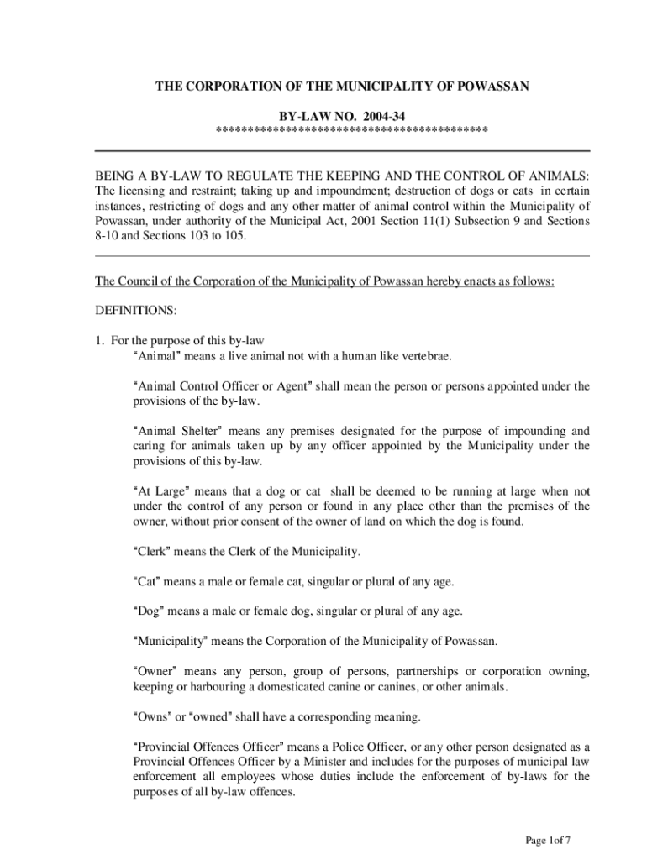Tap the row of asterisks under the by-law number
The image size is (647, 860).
point(352,129)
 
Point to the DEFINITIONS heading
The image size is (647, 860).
point(136,311)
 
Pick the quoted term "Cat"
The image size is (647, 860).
point(149,581)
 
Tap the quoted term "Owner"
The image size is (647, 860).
point(155,671)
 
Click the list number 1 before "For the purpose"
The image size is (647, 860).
point(98,340)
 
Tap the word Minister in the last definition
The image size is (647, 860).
point(308,762)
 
